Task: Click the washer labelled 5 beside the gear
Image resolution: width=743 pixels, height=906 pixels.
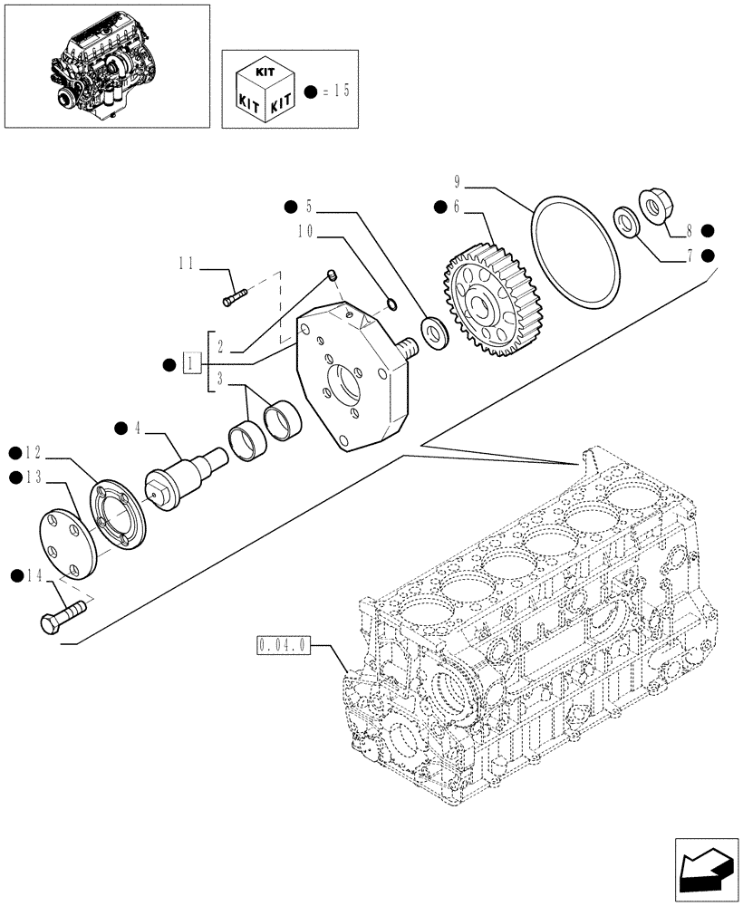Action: coord(433,332)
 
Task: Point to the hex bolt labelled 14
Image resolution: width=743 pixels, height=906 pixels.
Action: coord(63,617)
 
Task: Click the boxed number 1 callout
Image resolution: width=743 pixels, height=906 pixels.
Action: coord(190,364)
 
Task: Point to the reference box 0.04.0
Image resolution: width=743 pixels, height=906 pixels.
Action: coord(284,645)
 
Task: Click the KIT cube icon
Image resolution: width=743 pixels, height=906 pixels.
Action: coord(263,91)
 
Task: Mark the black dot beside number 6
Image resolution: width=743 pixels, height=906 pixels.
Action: coord(439,207)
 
